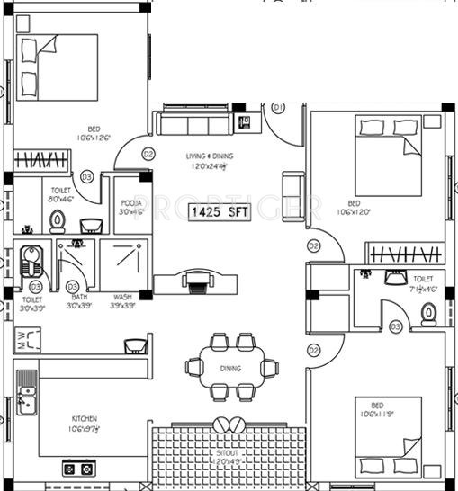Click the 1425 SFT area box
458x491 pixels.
tap(220, 213)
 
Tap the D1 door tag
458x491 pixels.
tap(278, 107)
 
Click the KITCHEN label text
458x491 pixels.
tap(85, 418)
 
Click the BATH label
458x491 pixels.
tap(79, 297)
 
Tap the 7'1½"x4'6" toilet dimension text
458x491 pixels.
tap(421, 290)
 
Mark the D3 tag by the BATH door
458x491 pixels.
tap(72, 286)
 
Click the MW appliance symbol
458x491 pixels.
tap(22, 341)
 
